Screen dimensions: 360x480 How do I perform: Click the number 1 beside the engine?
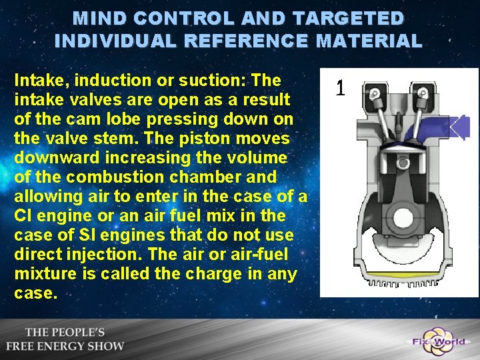click(340, 87)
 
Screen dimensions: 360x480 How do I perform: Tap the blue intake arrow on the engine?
click(463, 126)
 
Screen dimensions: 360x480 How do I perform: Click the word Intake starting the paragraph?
click(38, 81)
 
